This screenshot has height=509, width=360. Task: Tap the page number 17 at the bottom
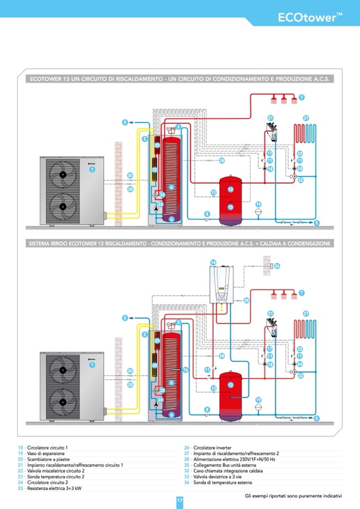pyautogui.click(x=179, y=500)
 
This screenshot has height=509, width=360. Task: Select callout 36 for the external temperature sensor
pyautogui.click(x=277, y=265)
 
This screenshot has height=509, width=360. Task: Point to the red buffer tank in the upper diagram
pyautogui.click(x=230, y=196)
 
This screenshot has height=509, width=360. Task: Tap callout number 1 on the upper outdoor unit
pyautogui.click(x=92, y=169)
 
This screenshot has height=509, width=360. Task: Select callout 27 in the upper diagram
pyautogui.click(x=306, y=118)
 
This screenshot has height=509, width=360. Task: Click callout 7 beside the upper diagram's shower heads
pyautogui.click(x=301, y=97)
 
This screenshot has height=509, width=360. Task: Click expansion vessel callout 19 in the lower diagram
pyautogui.click(x=258, y=399)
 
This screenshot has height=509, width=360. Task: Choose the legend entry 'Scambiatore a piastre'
pyautogui.click(x=46, y=460)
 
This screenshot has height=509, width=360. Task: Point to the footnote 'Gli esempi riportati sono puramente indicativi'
pyautogui.click(x=293, y=496)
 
